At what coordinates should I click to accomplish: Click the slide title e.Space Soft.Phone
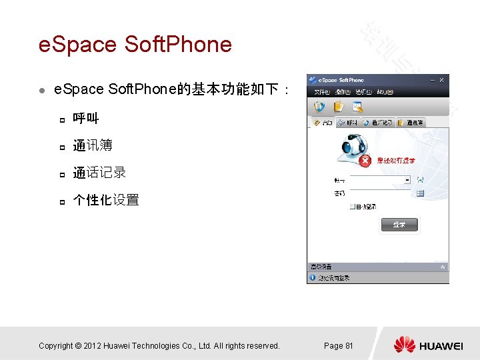tap(135, 45)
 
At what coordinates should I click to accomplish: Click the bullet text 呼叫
tap(86, 119)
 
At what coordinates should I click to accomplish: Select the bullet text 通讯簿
tap(93, 145)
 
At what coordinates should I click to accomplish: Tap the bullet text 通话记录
tap(99, 173)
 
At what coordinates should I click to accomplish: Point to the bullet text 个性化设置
tap(106, 200)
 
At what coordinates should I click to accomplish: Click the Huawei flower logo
tap(405, 345)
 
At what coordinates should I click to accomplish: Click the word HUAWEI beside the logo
tap(441, 346)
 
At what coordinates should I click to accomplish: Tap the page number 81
tap(349, 345)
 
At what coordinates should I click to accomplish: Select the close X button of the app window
tap(441, 81)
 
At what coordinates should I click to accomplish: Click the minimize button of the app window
tap(431, 81)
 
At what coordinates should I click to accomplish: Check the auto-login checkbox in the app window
tap(353, 207)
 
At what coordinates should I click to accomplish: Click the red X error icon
tap(365, 161)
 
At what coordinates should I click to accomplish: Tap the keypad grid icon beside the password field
tap(421, 193)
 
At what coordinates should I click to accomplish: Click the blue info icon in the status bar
tap(312, 277)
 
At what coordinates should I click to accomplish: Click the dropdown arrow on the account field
tap(407, 180)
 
